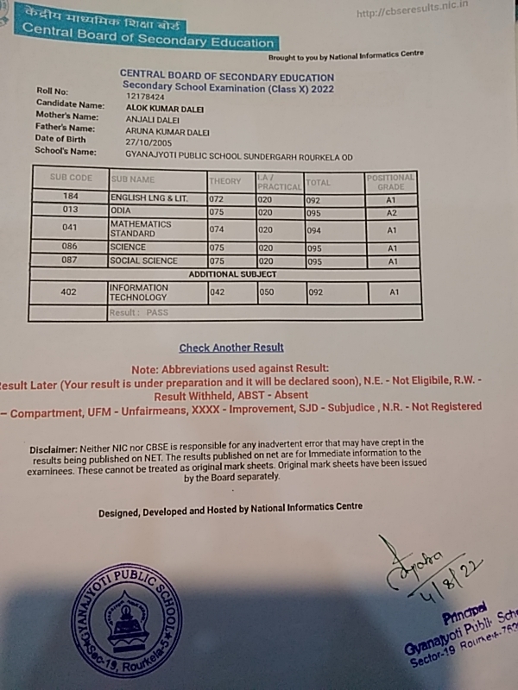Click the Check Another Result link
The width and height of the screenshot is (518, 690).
[x=231, y=348]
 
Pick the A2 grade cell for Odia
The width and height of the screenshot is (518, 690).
[x=391, y=212]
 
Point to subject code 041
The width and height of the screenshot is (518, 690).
[x=71, y=228]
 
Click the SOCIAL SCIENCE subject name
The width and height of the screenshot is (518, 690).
[x=143, y=260]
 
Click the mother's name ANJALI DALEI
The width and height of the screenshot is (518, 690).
[x=153, y=119]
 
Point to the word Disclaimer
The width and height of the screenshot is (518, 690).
[x=53, y=449]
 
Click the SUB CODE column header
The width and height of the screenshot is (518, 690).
[x=71, y=178]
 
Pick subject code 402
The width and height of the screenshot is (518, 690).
[x=69, y=292]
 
